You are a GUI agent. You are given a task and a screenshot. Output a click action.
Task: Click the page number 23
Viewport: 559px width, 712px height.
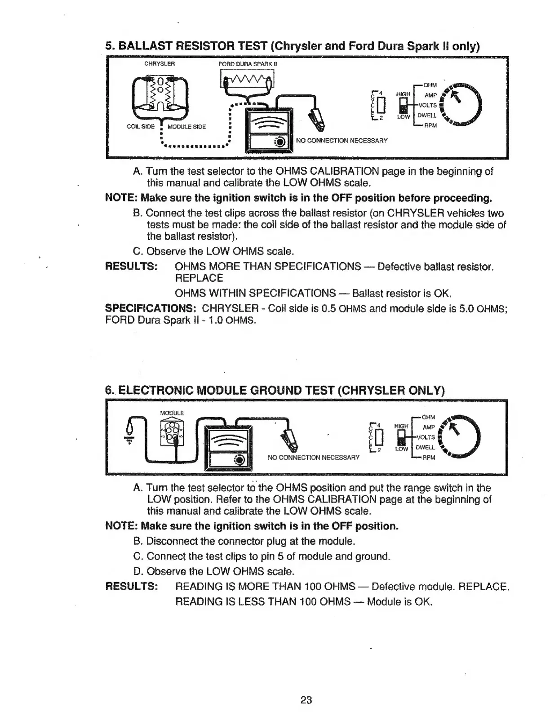[x=306, y=700]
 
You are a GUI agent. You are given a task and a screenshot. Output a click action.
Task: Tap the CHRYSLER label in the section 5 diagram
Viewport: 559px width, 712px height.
[x=159, y=63]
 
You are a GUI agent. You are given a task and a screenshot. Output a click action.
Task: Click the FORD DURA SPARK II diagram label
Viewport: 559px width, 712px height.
[x=248, y=63]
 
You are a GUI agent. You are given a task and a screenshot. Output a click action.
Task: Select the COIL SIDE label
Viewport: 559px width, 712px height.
[x=141, y=126]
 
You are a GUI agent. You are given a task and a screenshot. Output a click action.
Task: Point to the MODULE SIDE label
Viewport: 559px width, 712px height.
[x=186, y=127]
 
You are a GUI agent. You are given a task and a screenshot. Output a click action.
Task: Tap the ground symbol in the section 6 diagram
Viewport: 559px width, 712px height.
[x=130, y=442]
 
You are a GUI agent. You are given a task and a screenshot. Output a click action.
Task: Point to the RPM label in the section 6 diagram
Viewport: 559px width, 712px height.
[x=430, y=458]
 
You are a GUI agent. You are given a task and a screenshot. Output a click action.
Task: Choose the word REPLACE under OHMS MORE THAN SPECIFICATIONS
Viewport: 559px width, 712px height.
[x=199, y=278]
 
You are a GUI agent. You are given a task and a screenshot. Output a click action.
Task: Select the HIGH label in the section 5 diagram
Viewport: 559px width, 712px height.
[x=403, y=94]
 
